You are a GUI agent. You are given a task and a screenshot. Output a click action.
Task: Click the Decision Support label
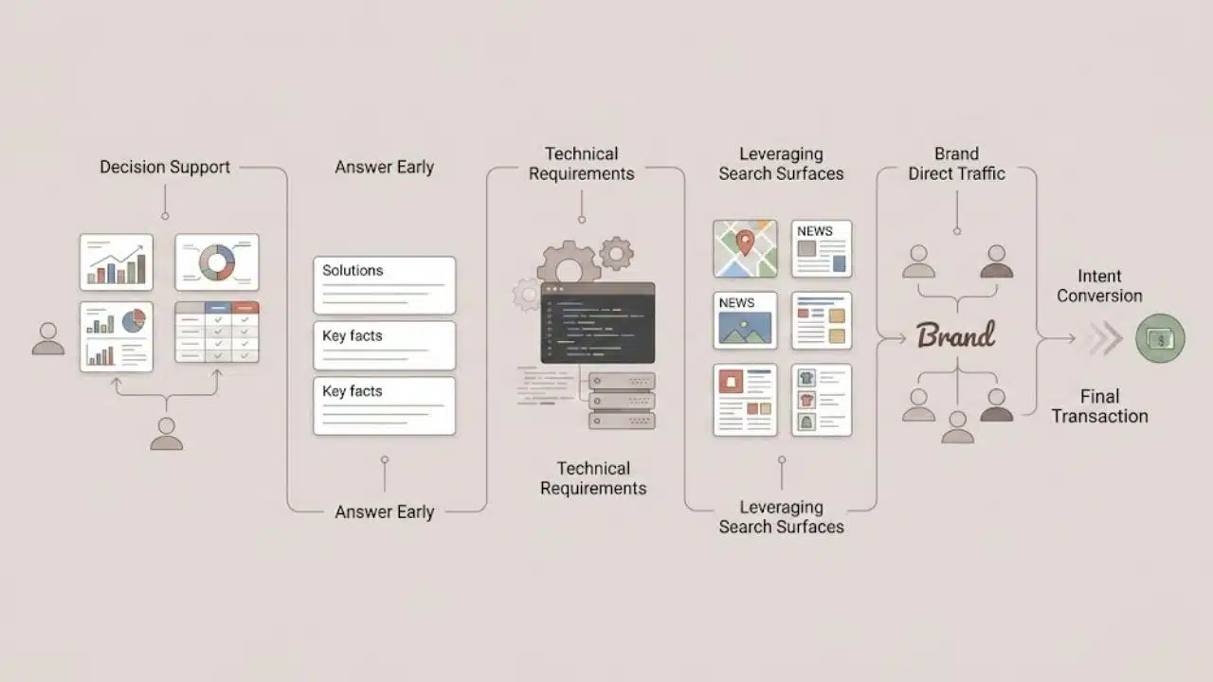click(x=165, y=168)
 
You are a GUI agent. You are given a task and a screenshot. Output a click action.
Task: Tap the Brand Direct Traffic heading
click(x=956, y=164)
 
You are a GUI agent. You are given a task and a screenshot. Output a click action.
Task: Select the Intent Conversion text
click(x=1099, y=286)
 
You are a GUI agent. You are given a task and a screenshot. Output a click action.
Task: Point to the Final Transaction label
click(x=1099, y=406)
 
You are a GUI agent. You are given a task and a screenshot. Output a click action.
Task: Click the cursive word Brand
click(x=956, y=334)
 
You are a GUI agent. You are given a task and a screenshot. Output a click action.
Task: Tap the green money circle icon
click(x=1160, y=338)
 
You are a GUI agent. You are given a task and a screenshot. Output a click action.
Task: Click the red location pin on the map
click(x=745, y=242)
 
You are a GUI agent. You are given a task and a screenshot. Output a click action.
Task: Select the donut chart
click(x=217, y=262)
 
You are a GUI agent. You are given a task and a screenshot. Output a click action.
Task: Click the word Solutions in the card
click(x=353, y=270)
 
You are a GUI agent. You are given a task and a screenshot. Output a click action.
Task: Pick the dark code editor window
click(x=598, y=323)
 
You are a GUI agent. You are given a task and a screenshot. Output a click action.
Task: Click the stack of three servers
click(x=622, y=401)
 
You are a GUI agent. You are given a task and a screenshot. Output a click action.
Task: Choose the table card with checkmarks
click(x=217, y=332)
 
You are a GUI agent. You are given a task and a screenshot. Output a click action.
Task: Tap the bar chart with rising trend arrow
click(x=117, y=262)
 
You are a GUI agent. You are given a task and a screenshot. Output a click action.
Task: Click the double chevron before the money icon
click(x=1105, y=338)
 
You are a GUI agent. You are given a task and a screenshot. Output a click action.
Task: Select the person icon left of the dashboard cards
click(x=48, y=339)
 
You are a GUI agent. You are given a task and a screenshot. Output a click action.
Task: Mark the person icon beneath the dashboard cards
click(x=166, y=434)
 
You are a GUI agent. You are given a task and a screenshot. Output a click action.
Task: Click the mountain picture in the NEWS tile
click(x=745, y=328)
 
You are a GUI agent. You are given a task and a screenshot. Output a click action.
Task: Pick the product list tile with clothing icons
click(x=822, y=400)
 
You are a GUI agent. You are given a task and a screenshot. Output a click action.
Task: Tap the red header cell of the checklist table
click(x=245, y=308)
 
